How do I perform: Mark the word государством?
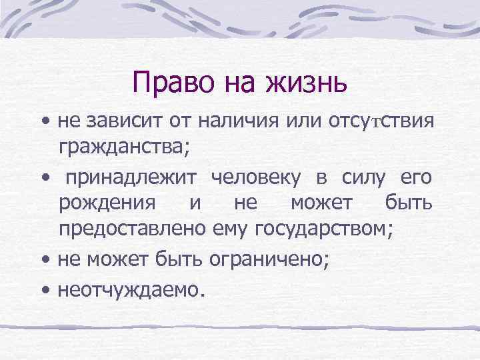[315, 229]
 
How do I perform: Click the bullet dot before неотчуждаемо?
[45, 291]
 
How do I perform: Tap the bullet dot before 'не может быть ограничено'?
[45, 261]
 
